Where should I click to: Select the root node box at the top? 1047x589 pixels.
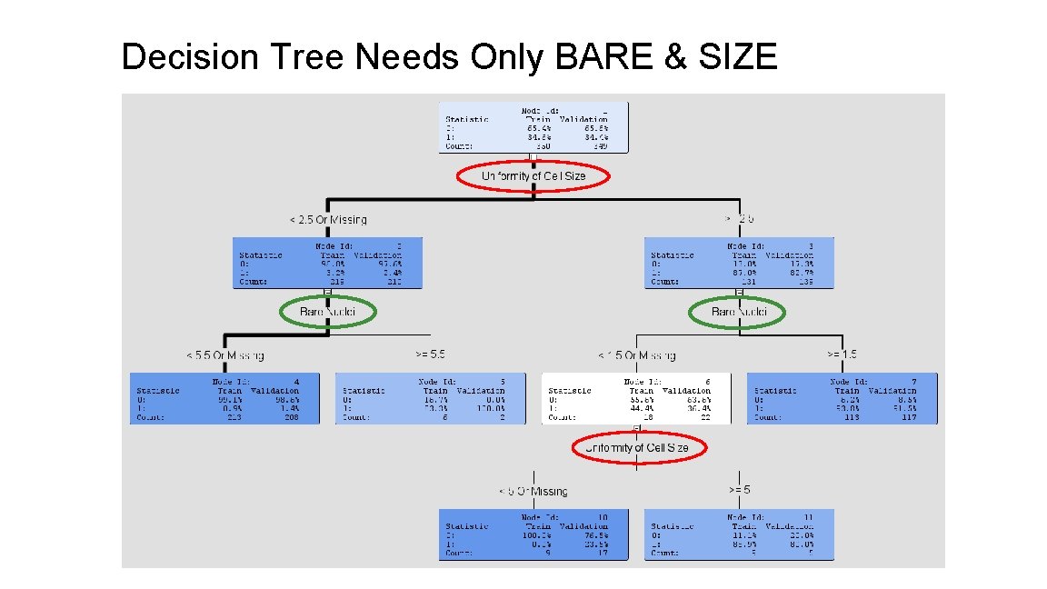point(533,126)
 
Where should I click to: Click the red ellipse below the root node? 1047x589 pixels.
point(533,176)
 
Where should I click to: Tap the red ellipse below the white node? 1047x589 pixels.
point(636,448)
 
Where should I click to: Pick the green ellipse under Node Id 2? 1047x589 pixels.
point(326,313)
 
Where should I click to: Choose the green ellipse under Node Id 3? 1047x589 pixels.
point(738,313)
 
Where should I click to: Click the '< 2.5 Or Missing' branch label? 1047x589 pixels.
point(328,219)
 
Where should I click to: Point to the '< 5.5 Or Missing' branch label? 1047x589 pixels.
point(225,355)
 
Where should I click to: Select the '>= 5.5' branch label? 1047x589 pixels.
point(430,354)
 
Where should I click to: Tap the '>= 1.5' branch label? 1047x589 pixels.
point(841,354)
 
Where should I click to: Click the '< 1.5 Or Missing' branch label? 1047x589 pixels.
point(636,355)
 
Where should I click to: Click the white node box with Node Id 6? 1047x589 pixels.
point(636,398)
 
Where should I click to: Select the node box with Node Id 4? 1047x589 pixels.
point(225,398)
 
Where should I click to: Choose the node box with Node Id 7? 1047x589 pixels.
point(842,398)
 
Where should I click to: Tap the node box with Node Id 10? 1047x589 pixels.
point(533,534)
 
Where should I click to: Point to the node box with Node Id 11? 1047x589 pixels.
point(739,534)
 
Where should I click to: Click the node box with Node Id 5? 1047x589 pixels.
point(431,398)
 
